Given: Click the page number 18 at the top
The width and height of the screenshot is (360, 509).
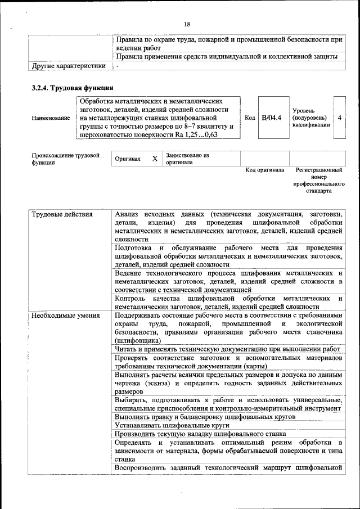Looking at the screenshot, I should point(187,24).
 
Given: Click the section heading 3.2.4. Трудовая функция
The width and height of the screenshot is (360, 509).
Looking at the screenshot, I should point(73,88).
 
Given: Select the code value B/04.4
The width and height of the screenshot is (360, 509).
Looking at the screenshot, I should point(272,118).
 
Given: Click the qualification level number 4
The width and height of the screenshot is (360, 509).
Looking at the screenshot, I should point(340,118).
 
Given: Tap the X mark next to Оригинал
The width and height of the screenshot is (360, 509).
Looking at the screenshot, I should point(155,159).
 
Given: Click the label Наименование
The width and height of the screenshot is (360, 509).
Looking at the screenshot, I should point(51,118).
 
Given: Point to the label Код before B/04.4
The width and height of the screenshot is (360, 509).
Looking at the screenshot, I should point(250,118).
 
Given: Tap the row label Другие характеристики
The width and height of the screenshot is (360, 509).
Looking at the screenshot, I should point(69,66).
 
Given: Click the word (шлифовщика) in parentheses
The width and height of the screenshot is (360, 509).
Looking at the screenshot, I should point(137,340).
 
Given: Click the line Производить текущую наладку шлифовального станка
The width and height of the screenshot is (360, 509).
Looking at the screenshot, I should point(200,434).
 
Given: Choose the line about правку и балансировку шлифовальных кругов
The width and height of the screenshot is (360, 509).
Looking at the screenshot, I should point(205,417).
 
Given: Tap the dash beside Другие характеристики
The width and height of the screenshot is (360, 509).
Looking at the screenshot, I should point(117,66).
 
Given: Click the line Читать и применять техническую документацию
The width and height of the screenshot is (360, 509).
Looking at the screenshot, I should point(228,349).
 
